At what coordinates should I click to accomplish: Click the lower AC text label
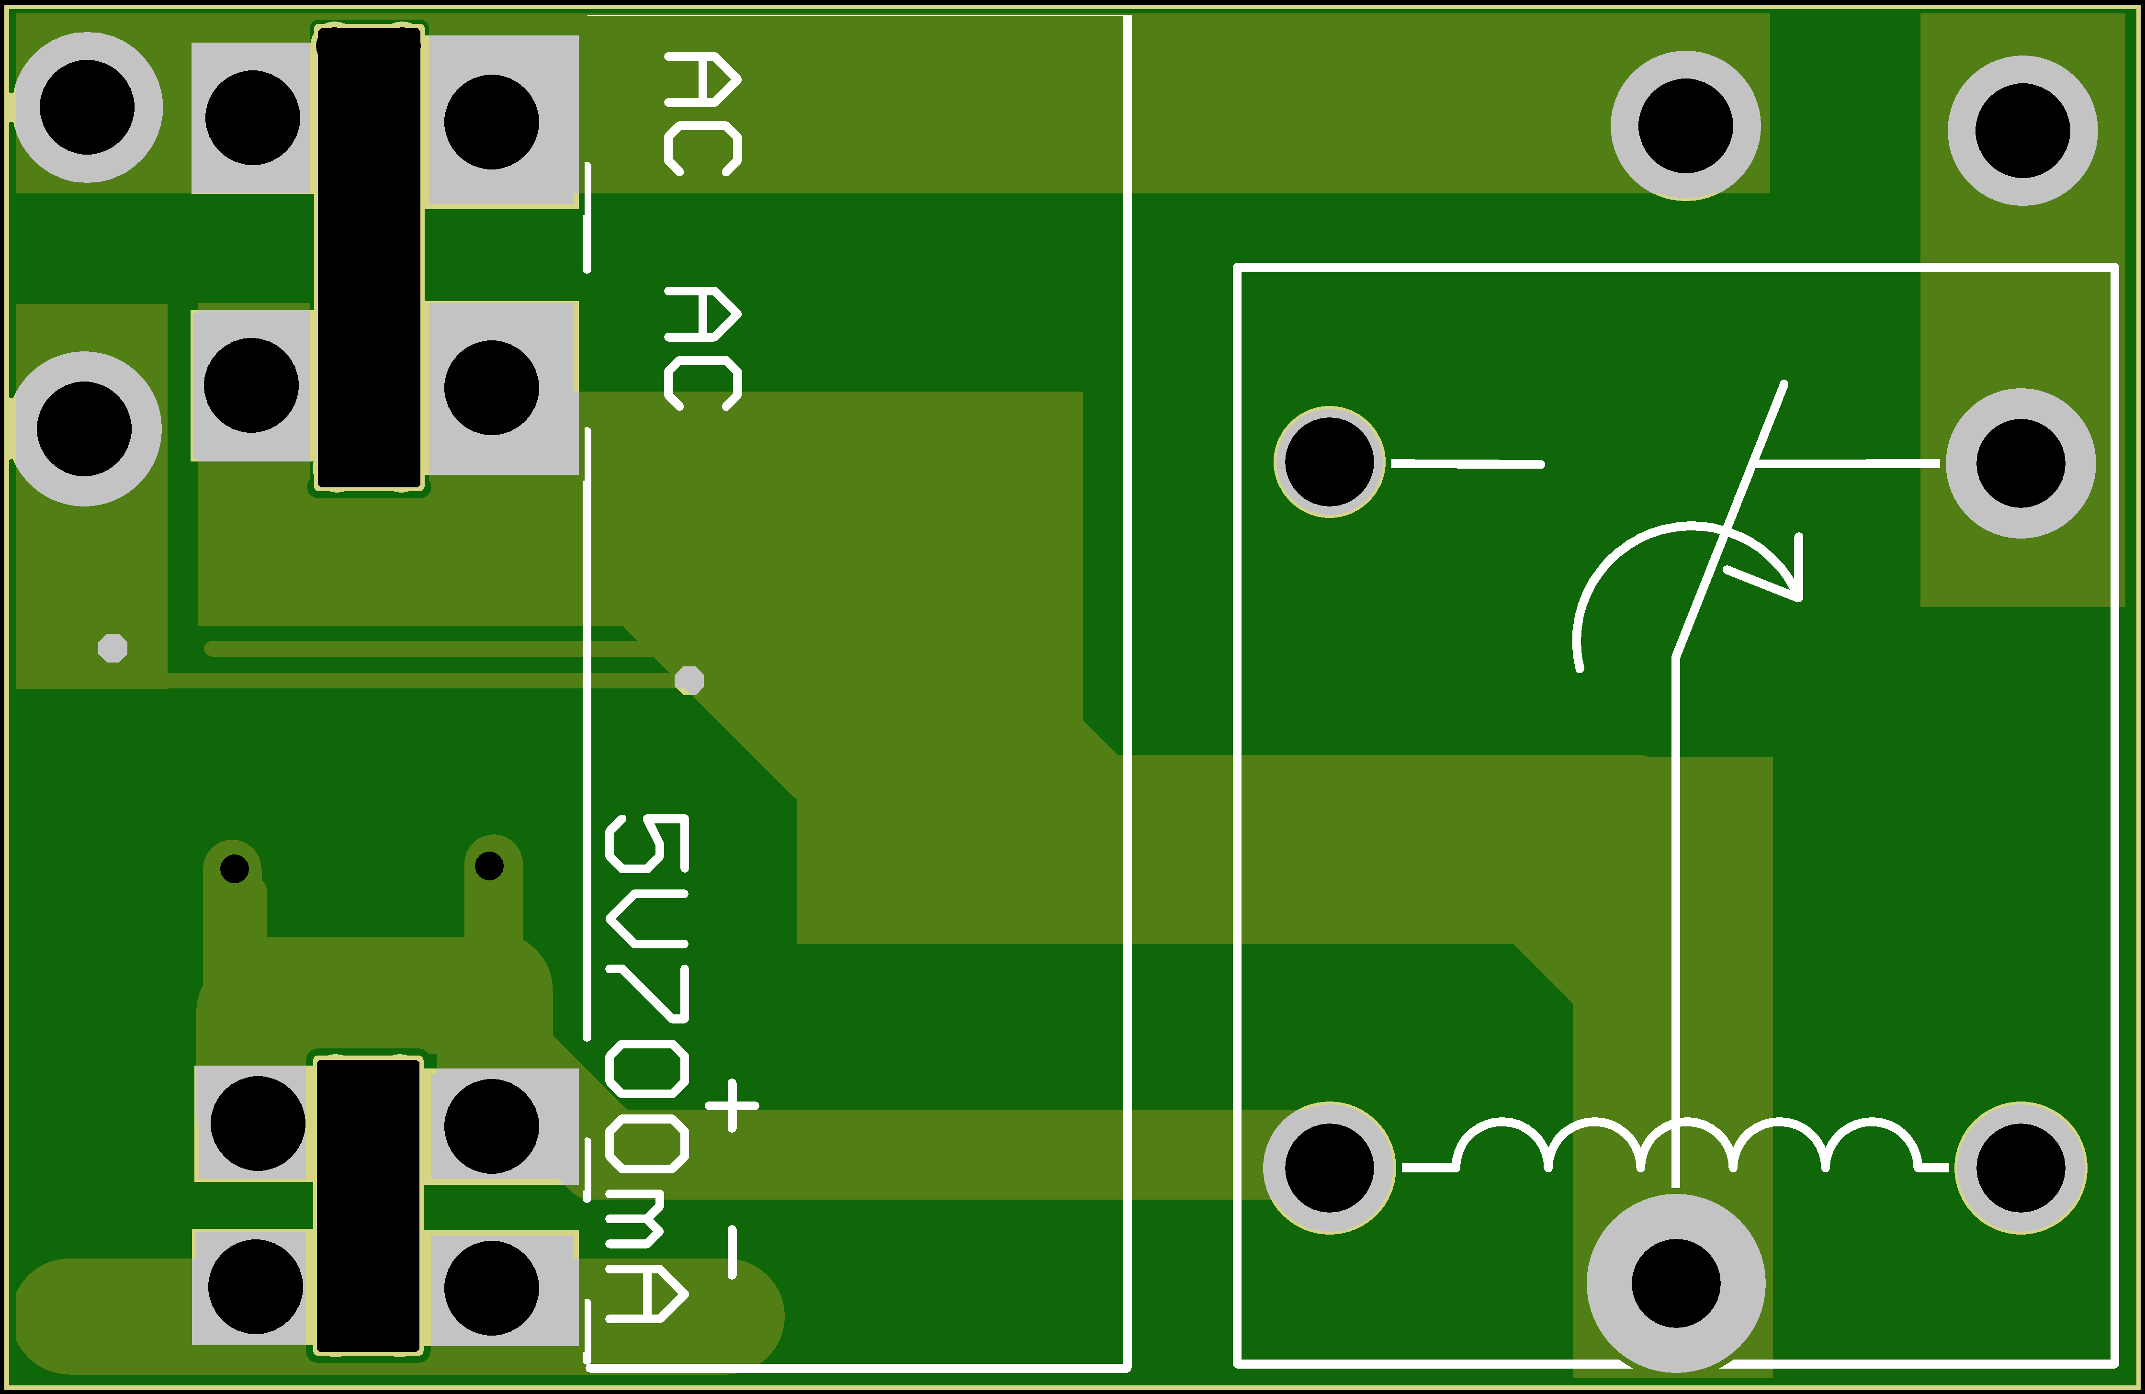(x=703, y=348)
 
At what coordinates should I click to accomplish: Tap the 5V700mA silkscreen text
(x=647, y=1068)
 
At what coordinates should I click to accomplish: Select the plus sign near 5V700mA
(x=732, y=1105)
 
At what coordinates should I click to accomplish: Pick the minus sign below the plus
(x=732, y=1252)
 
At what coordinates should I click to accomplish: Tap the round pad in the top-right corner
(x=2022, y=131)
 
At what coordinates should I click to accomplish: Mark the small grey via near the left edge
(x=113, y=648)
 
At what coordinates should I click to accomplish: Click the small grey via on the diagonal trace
(x=689, y=680)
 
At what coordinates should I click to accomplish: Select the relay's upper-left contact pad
(x=1329, y=461)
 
